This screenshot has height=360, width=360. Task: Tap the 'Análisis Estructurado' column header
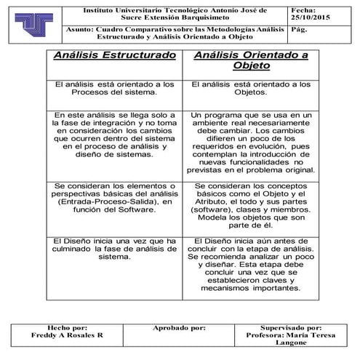pyautogui.click(x=115, y=55)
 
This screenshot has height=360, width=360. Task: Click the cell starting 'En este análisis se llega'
pyautogui.click(x=115, y=135)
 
